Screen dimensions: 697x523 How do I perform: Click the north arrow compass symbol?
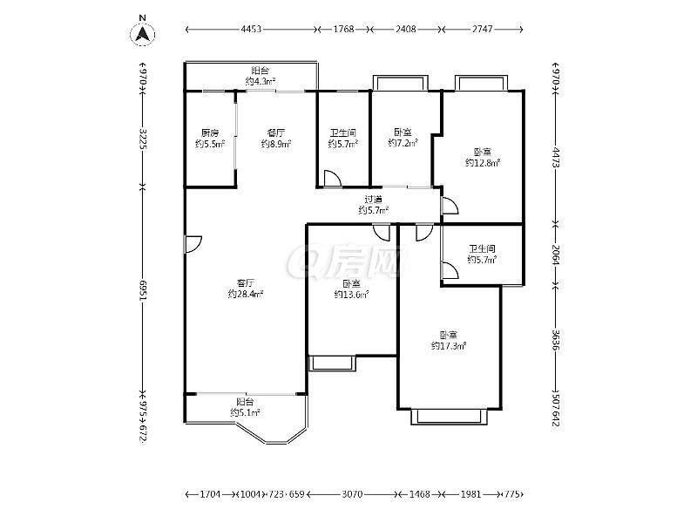click(142, 31)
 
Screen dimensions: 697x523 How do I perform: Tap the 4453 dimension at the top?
click(251, 30)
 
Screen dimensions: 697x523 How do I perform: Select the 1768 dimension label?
click(343, 30)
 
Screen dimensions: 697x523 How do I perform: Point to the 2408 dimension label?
click(406, 30)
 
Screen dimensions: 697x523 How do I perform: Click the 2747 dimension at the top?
click(483, 30)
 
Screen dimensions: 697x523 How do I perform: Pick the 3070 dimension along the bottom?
click(352, 494)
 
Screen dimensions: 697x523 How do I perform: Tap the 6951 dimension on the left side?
click(143, 291)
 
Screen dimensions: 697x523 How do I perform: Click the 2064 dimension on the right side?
click(556, 255)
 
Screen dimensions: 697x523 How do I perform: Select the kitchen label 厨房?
click(210, 133)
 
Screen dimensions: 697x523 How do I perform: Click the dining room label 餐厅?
click(275, 133)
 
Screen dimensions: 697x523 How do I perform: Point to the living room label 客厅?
click(246, 282)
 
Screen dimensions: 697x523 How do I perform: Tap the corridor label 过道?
click(374, 200)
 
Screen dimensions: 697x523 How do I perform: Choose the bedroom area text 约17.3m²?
click(449, 345)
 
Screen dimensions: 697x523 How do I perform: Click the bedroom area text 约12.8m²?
click(483, 163)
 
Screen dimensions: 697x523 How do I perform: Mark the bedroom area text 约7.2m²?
click(403, 143)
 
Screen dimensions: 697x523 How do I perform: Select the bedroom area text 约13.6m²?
click(351, 295)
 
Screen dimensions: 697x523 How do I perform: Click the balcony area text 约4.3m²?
click(260, 81)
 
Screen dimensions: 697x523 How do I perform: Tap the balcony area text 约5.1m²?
click(245, 412)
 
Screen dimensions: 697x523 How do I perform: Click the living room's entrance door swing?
click(193, 244)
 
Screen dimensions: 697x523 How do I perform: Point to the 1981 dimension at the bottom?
click(470, 494)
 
